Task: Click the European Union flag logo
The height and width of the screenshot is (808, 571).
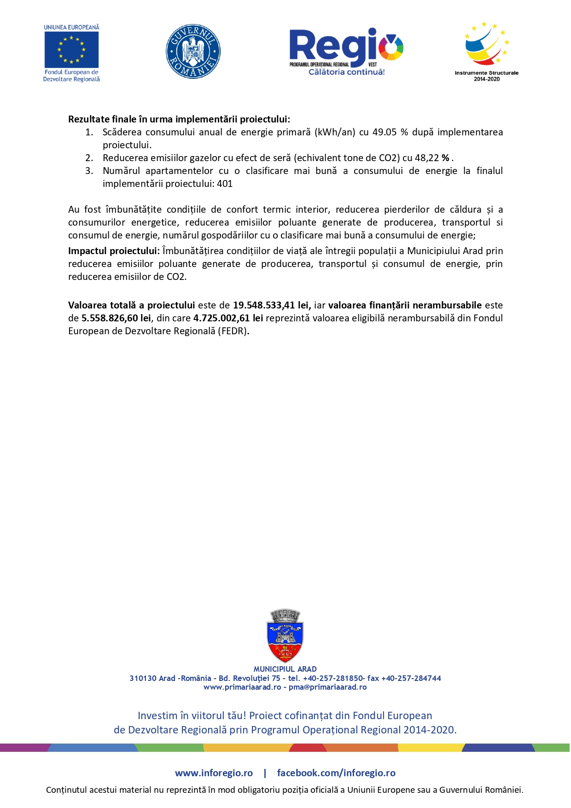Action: tap(71, 50)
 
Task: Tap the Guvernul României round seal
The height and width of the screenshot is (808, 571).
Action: tap(193, 52)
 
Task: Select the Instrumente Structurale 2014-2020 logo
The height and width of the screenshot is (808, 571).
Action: tap(487, 51)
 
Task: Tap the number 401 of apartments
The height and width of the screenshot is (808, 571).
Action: tap(225, 184)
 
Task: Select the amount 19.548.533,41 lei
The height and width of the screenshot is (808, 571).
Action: tap(272, 305)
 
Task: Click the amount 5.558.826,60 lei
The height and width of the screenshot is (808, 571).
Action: tap(116, 318)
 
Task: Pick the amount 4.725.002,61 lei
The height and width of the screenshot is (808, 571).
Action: tap(228, 318)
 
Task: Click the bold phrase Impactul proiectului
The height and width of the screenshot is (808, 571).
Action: tap(114, 251)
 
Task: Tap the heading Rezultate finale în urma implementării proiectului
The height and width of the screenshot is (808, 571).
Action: tap(179, 119)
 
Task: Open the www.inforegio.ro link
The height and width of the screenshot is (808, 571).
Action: tap(214, 773)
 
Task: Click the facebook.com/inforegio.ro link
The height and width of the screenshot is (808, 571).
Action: tap(336, 773)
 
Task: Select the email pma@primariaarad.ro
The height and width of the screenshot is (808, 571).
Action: tap(327, 687)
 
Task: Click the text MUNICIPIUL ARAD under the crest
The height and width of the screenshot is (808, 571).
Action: tap(285, 669)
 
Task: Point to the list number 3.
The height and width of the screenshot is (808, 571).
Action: tap(89, 171)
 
